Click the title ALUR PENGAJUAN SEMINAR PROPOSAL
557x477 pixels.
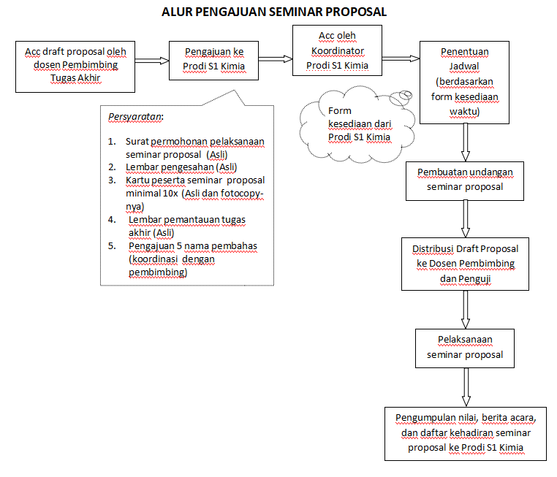(274, 12)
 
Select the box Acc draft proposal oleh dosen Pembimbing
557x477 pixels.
(75, 66)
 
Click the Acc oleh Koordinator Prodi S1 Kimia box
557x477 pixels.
(336, 50)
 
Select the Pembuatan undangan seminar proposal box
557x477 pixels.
(465, 179)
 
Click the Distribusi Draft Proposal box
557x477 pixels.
(464, 264)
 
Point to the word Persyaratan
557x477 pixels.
(136, 117)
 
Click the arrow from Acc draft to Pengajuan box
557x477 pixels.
(152, 61)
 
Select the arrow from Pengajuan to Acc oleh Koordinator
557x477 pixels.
(276, 59)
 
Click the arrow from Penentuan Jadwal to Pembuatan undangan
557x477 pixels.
(465, 142)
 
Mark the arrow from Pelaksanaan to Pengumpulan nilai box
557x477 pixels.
(465, 386)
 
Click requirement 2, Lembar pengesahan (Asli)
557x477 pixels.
(181, 167)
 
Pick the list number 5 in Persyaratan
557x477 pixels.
(112, 246)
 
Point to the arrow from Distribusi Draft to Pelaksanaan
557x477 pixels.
(465, 310)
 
